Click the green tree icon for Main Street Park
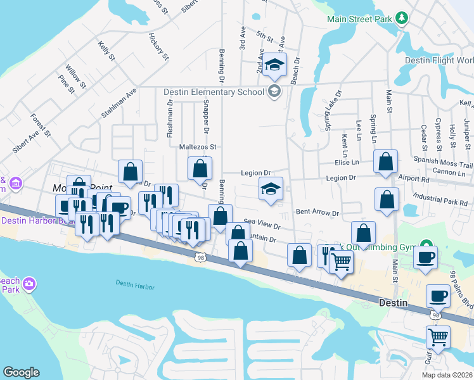pos(400,19)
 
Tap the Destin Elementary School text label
pos(214,92)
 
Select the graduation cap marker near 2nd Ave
pos(276,65)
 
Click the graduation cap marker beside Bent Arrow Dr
pos(271,189)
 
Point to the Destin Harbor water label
pos(135,286)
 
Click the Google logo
pos(21,372)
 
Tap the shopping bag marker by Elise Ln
pos(385,162)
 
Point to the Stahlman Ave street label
pos(118,103)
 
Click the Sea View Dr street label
pos(262,225)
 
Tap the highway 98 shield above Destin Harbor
pos(201,257)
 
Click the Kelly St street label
pos(106,51)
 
